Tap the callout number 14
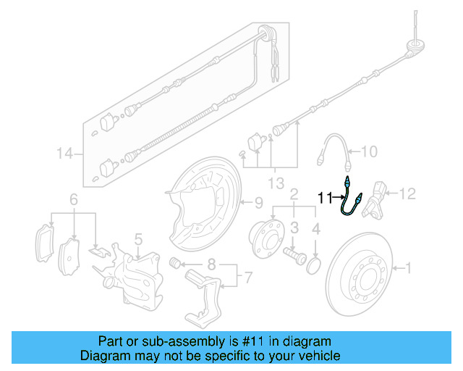(65, 153)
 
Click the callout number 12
(409, 193)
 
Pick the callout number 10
(369, 152)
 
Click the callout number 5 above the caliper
(137, 238)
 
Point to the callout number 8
(211, 263)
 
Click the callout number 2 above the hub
(294, 194)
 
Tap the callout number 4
(315, 230)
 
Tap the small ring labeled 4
(313, 264)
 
